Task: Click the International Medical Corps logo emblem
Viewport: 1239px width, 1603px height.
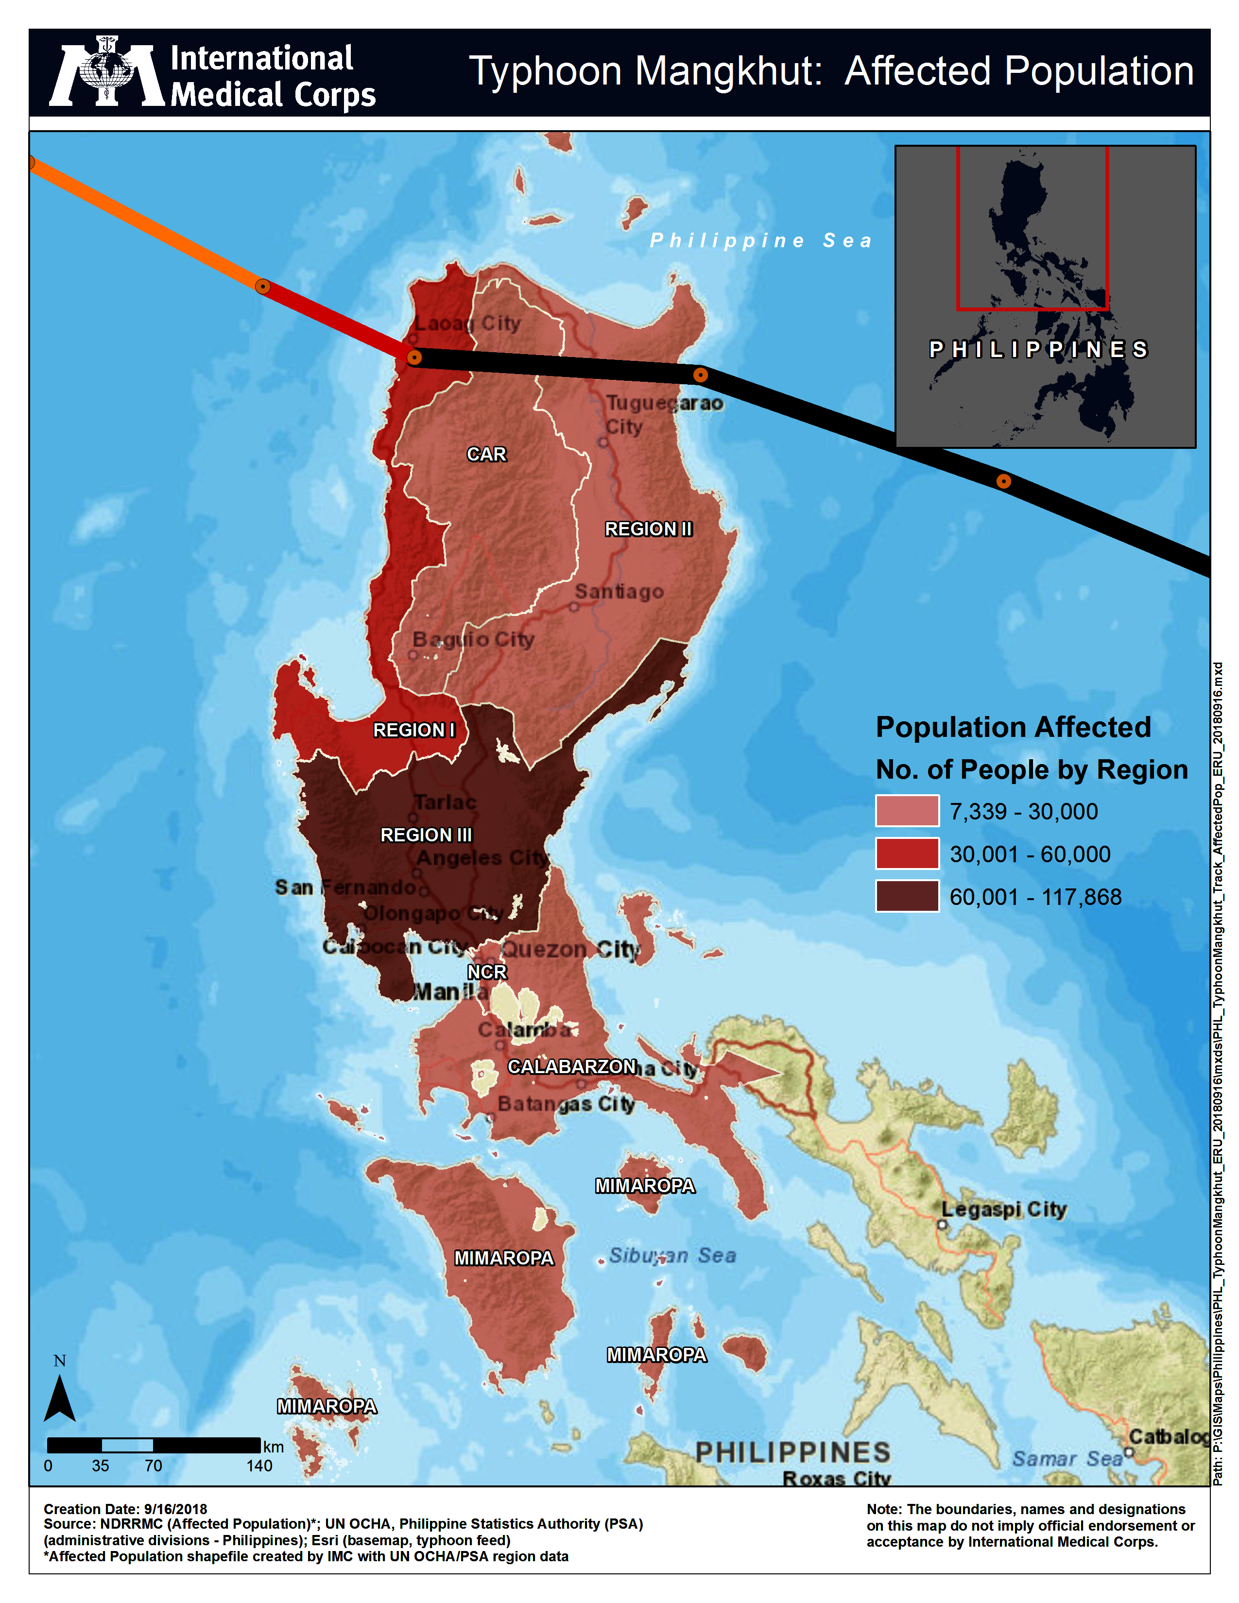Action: pyautogui.click(x=106, y=72)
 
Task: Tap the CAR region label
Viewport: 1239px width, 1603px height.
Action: pyautogui.click(x=486, y=454)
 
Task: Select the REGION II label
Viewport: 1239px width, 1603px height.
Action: pyautogui.click(x=648, y=529)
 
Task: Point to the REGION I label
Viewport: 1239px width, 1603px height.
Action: pyautogui.click(x=414, y=730)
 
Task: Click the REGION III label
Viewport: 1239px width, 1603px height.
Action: pyautogui.click(x=426, y=836)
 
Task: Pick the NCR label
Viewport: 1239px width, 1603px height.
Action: pyautogui.click(x=487, y=972)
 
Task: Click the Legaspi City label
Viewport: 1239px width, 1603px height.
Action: pyautogui.click(x=1003, y=1210)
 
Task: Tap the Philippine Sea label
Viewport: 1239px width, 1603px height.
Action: pyautogui.click(x=761, y=241)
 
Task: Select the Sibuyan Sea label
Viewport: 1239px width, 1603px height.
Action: pyautogui.click(x=672, y=1256)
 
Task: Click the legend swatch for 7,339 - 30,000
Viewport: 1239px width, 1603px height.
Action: pyautogui.click(x=907, y=811)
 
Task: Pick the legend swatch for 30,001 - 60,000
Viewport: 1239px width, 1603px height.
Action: pyautogui.click(x=907, y=853)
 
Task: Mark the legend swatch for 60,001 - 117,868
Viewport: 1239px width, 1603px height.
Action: pyautogui.click(x=907, y=896)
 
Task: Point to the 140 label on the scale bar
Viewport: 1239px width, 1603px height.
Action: pyautogui.click(x=259, y=1466)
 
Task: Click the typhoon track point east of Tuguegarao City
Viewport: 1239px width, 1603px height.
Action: pyautogui.click(x=700, y=375)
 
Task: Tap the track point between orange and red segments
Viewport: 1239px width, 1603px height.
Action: pyautogui.click(x=262, y=286)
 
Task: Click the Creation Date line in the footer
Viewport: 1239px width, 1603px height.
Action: pyautogui.click(x=125, y=1509)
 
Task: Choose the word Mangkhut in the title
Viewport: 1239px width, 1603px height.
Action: pyautogui.click(x=727, y=72)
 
